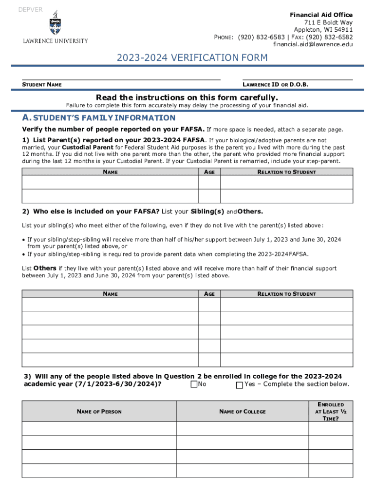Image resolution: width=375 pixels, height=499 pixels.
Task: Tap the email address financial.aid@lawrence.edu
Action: point(313,44)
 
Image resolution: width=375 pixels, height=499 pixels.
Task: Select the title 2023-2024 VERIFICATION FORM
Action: point(192,58)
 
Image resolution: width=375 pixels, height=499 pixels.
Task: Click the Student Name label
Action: point(42,85)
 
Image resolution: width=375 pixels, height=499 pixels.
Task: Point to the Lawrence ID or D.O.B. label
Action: point(275,85)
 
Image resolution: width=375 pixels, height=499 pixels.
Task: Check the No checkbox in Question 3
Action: point(194,385)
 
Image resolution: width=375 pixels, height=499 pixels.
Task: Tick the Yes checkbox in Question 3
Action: point(239,385)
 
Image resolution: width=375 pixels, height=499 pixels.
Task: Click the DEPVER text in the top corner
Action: point(30,10)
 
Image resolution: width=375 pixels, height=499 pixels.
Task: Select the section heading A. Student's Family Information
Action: point(99,118)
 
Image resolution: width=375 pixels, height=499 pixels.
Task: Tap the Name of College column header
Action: point(243,412)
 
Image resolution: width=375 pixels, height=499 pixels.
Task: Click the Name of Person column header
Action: point(99,412)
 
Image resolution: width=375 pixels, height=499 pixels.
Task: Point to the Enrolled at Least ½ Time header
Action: point(331,411)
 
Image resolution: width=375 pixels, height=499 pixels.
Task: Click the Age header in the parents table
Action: point(209,172)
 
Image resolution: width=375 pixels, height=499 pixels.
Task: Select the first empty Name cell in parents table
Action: point(110,182)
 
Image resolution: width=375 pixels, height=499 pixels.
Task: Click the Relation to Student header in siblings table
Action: point(286,294)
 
